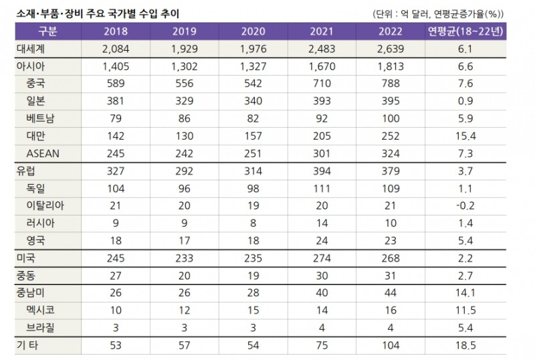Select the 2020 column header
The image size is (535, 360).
pyautogui.click(x=252, y=31)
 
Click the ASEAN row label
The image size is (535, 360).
pyautogui.click(x=43, y=153)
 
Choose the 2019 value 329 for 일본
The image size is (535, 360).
pyautogui.click(x=184, y=101)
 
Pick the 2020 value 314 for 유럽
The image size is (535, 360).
pyautogui.click(x=252, y=171)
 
